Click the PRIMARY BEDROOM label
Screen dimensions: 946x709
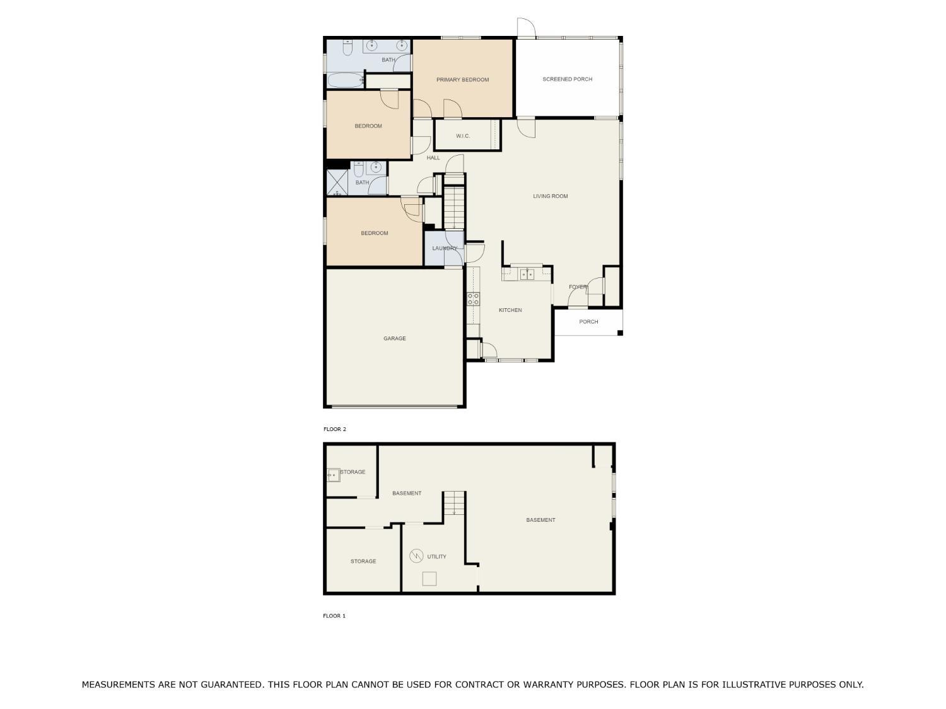pyautogui.click(x=462, y=79)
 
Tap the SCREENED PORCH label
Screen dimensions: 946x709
pyautogui.click(x=567, y=79)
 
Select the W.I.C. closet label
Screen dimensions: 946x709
pyautogui.click(x=463, y=136)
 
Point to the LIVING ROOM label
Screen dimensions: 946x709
pyautogui.click(x=551, y=196)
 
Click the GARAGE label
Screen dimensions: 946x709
pyautogui.click(x=395, y=338)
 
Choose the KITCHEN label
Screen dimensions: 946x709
pyautogui.click(x=510, y=310)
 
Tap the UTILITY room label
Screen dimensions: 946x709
pyautogui.click(x=436, y=556)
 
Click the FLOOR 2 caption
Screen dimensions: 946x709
pyautogui.click(x=335, y=429)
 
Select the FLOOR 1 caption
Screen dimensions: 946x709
pyautogui.click(x=334, y=616)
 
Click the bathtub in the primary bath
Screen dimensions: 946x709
pyautogui.click(x=346, y=81)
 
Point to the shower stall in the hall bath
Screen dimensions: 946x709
pyautogui.click(x=337, y=183)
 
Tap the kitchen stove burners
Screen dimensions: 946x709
pyautogui.click(x=473, y=299)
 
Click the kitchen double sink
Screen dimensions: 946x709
pyautogui.click(x=527, y=274)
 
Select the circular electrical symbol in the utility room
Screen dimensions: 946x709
pyautogui.click(x=416, y=556)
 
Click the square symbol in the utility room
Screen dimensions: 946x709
pyautogui.click(x=429, y=579)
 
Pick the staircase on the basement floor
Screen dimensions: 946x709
pyautogui.click(x=454, y=503)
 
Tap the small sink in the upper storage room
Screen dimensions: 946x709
pyautogui.click(x=333, y=475)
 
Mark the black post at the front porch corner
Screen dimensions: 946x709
pyautogui.click(x=620, y=333)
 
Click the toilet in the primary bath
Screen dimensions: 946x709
pyautogui.click(x=347, y=48)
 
